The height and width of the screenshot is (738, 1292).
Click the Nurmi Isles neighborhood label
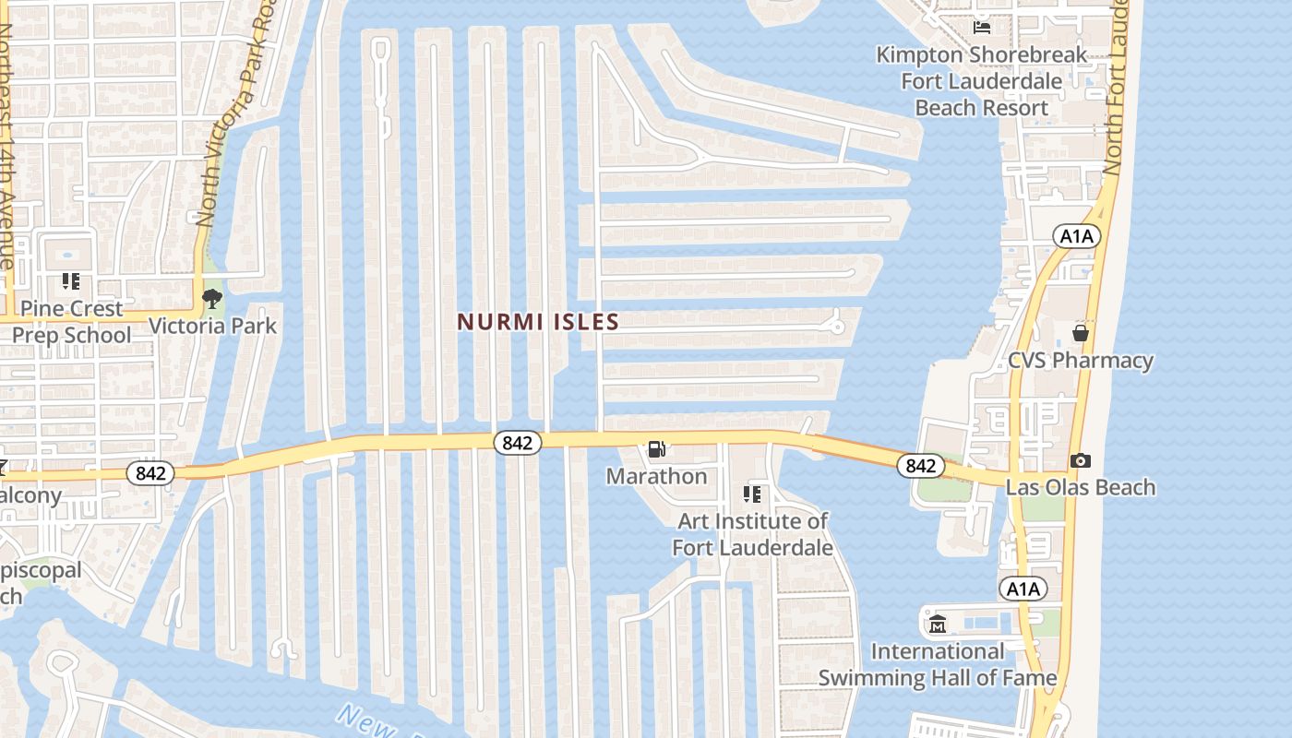(538, 322)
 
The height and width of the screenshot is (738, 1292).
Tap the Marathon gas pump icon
(657, 449)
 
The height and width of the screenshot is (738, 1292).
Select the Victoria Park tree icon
(211, 298)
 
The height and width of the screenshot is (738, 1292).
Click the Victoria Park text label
(212, 326)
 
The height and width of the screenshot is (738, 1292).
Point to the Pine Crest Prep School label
(71, 321)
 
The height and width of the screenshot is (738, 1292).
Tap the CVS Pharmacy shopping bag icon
(1080, 332)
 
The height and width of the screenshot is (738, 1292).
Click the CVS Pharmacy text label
(1080, 360)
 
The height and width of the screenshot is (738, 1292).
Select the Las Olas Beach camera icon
(1080, 460)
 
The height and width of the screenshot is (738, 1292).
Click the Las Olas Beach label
(1080, 487)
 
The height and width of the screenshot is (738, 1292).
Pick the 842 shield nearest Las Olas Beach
(920, 466)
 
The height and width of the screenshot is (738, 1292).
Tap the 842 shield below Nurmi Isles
(517, 443)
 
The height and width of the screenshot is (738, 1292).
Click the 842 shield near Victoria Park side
(150, 473)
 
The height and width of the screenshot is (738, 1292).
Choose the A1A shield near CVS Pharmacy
(1076, 236)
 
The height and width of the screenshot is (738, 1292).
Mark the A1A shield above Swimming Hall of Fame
(1023, 589)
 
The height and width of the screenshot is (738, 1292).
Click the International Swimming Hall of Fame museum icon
(938, 625)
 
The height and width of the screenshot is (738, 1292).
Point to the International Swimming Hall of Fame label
(938, 664)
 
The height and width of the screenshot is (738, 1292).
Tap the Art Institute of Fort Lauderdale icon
(752, 494)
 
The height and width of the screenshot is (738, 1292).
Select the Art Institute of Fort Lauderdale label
(752, 534)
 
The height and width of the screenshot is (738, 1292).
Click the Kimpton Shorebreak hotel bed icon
(981, 26)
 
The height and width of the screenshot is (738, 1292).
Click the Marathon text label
(656, 476)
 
